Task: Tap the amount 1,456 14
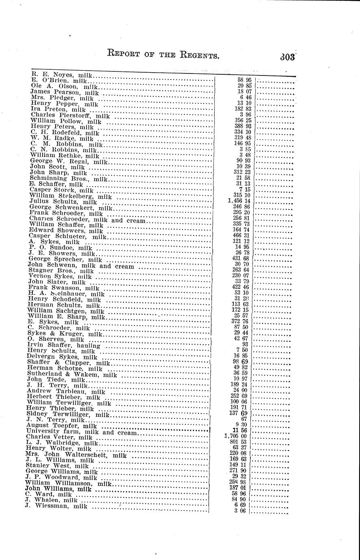pyautogui.click(x=239, y=201)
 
